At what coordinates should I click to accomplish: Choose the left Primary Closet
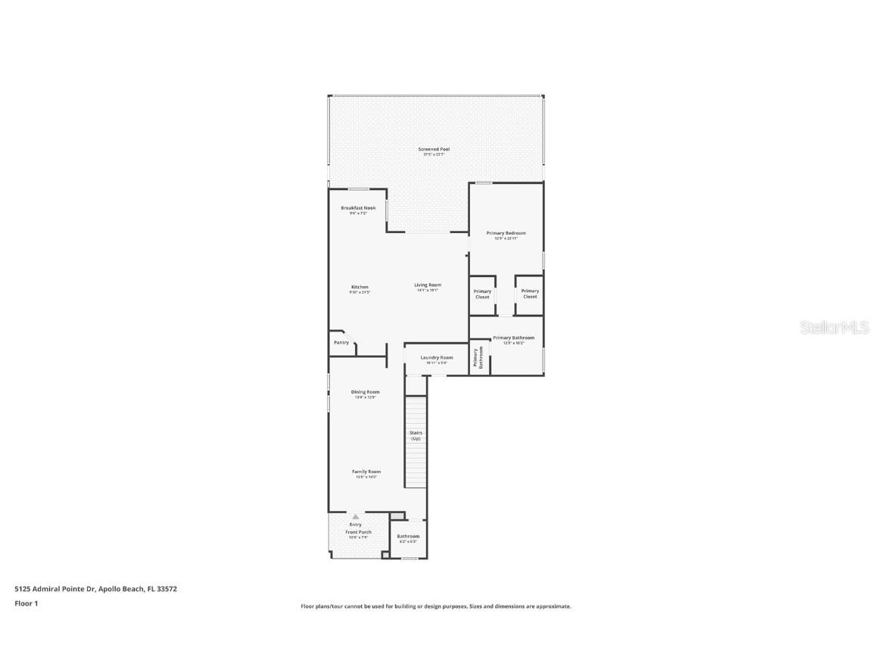point(482,294)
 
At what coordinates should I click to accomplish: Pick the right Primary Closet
point(530,294)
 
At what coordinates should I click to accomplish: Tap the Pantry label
point(341,343)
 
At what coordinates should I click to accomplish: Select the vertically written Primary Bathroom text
point(478,357)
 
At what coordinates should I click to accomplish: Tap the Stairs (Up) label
point(416,435)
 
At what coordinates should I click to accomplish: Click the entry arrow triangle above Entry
point(355,516)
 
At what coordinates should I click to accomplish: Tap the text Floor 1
point(26,603)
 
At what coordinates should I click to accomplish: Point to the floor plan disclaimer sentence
point(436,606)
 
